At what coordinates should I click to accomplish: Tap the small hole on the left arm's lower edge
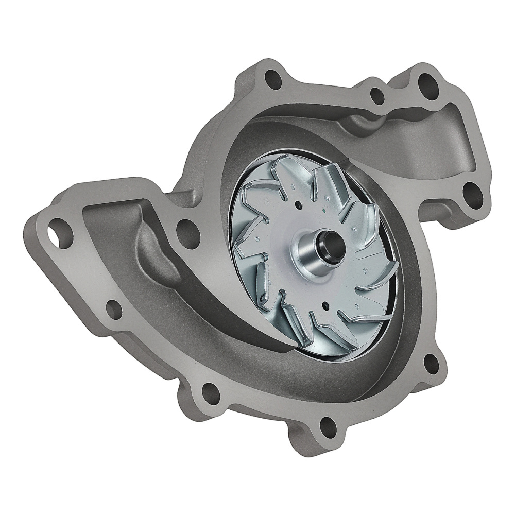(114, 308)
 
